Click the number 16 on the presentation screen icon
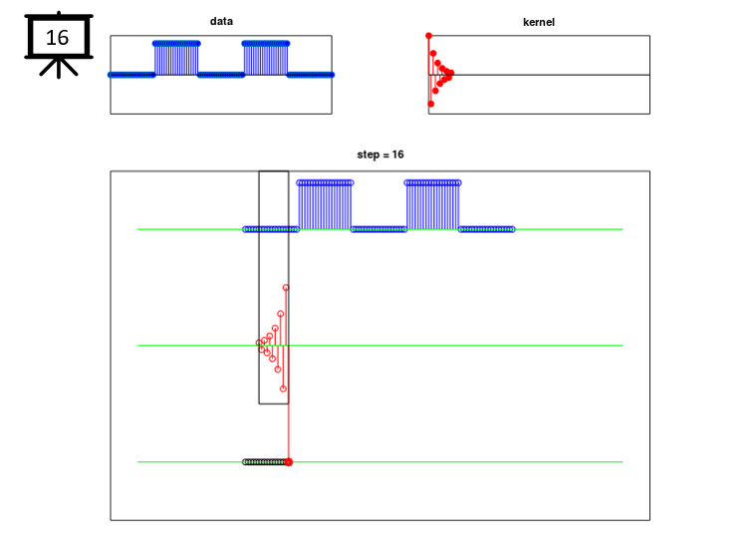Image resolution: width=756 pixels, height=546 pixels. click(x=57, y=38)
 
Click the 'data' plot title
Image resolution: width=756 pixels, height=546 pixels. click(x=221, y=21)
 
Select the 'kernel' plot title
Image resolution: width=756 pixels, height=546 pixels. click(x=539, y=22)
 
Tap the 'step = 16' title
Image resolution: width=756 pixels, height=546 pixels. click(x=380, y=154)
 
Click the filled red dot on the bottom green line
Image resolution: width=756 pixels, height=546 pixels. click(x=288, y=462)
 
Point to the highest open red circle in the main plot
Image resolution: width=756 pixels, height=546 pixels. click(x=286, y=288)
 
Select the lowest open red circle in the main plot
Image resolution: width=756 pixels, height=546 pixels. click(x=283, y=389)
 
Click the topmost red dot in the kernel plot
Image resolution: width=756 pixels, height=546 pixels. click(x=428, y=36)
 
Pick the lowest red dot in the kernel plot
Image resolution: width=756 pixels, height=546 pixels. click(x=431, y=104)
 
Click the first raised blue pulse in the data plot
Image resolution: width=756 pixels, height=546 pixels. click(x=176, y=58)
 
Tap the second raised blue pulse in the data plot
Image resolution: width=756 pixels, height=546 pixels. click(x=266, y=58)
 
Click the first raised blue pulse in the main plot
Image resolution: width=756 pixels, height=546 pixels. click(x=325, y=205)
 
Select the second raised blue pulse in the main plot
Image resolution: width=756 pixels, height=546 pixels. click(x=432, y=205)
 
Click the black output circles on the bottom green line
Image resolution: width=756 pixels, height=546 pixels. click(x=264, y=462)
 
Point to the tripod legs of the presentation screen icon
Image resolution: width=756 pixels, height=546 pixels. click(x=59, y=68)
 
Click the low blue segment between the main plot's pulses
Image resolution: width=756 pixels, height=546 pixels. click(x=378, y=229)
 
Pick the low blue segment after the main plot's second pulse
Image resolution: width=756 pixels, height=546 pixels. click(x=487, y=229)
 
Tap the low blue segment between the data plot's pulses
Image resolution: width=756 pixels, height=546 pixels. click(x=221, y=75)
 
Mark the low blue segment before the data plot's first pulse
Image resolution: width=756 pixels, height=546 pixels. click(x=131, y=75)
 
